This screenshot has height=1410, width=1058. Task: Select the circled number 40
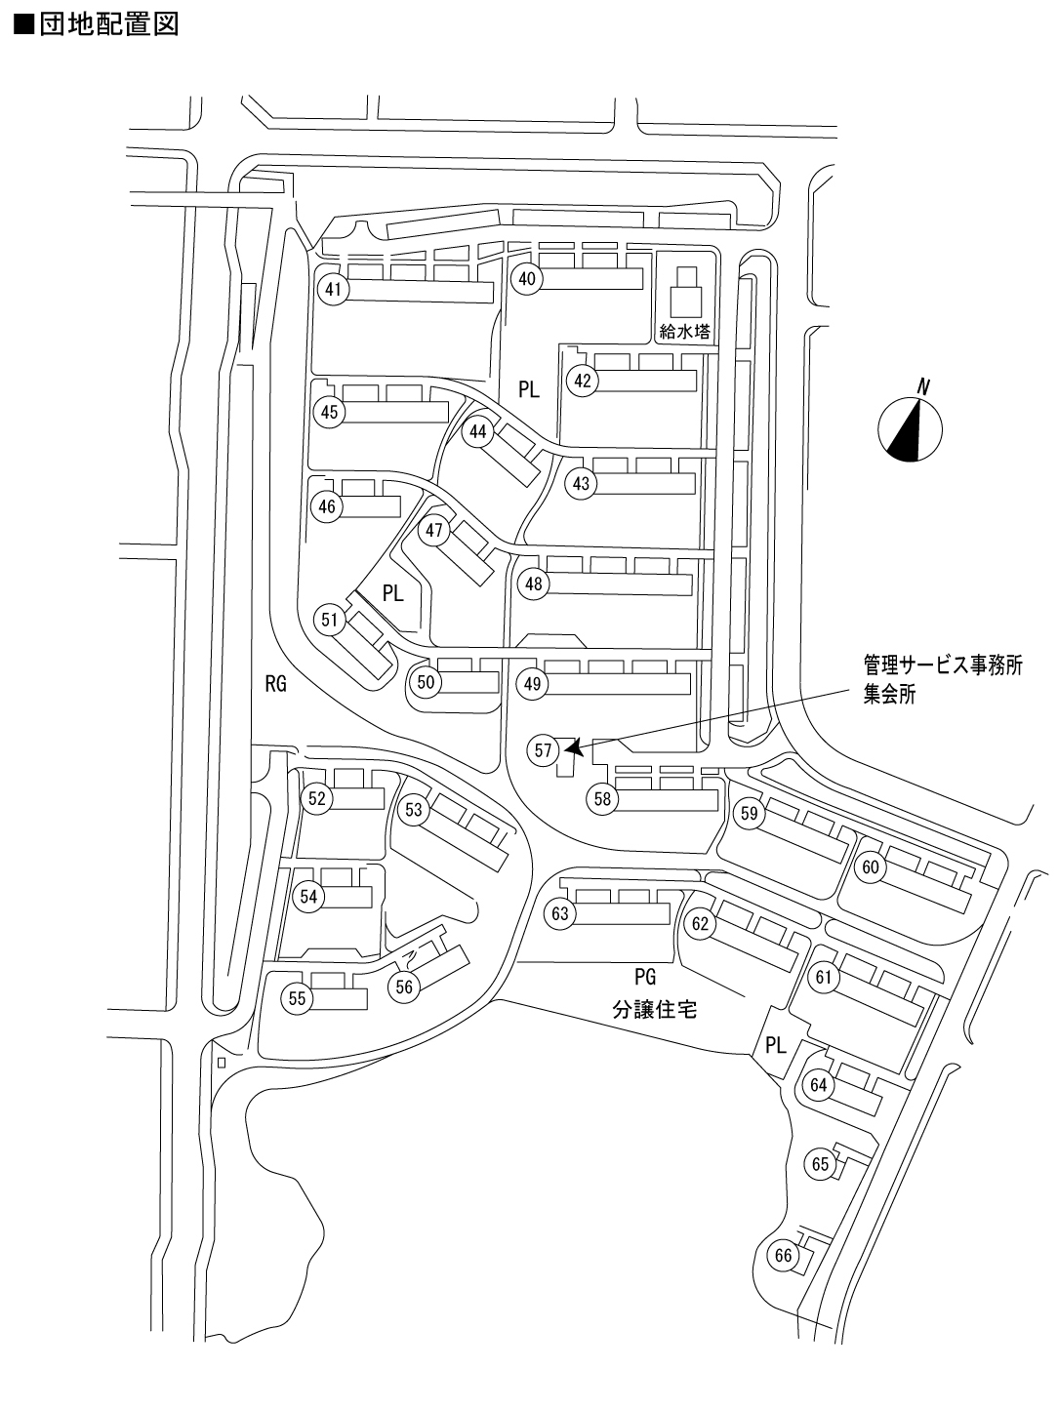tap(527, 279)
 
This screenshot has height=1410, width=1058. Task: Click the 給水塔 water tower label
tap(683, 332)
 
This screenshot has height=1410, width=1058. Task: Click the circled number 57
tap(544, 750)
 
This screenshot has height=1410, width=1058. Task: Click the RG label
tap(276, 684)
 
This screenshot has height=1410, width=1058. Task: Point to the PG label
tap(645, 977)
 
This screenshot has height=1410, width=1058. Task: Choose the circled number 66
tap(784, 1256)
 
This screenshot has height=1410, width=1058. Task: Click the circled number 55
tap(297, 998)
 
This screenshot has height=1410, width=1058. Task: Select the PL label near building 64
tap(776, 1046)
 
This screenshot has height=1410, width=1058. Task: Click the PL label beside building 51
tap(392, 592)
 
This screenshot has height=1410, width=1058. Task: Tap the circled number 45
tap(329, 413)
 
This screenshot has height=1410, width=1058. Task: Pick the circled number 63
tap(559, 914)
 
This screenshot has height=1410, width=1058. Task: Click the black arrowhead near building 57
tap(575, 747)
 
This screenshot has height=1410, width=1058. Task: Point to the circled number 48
tap(533, 584)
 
